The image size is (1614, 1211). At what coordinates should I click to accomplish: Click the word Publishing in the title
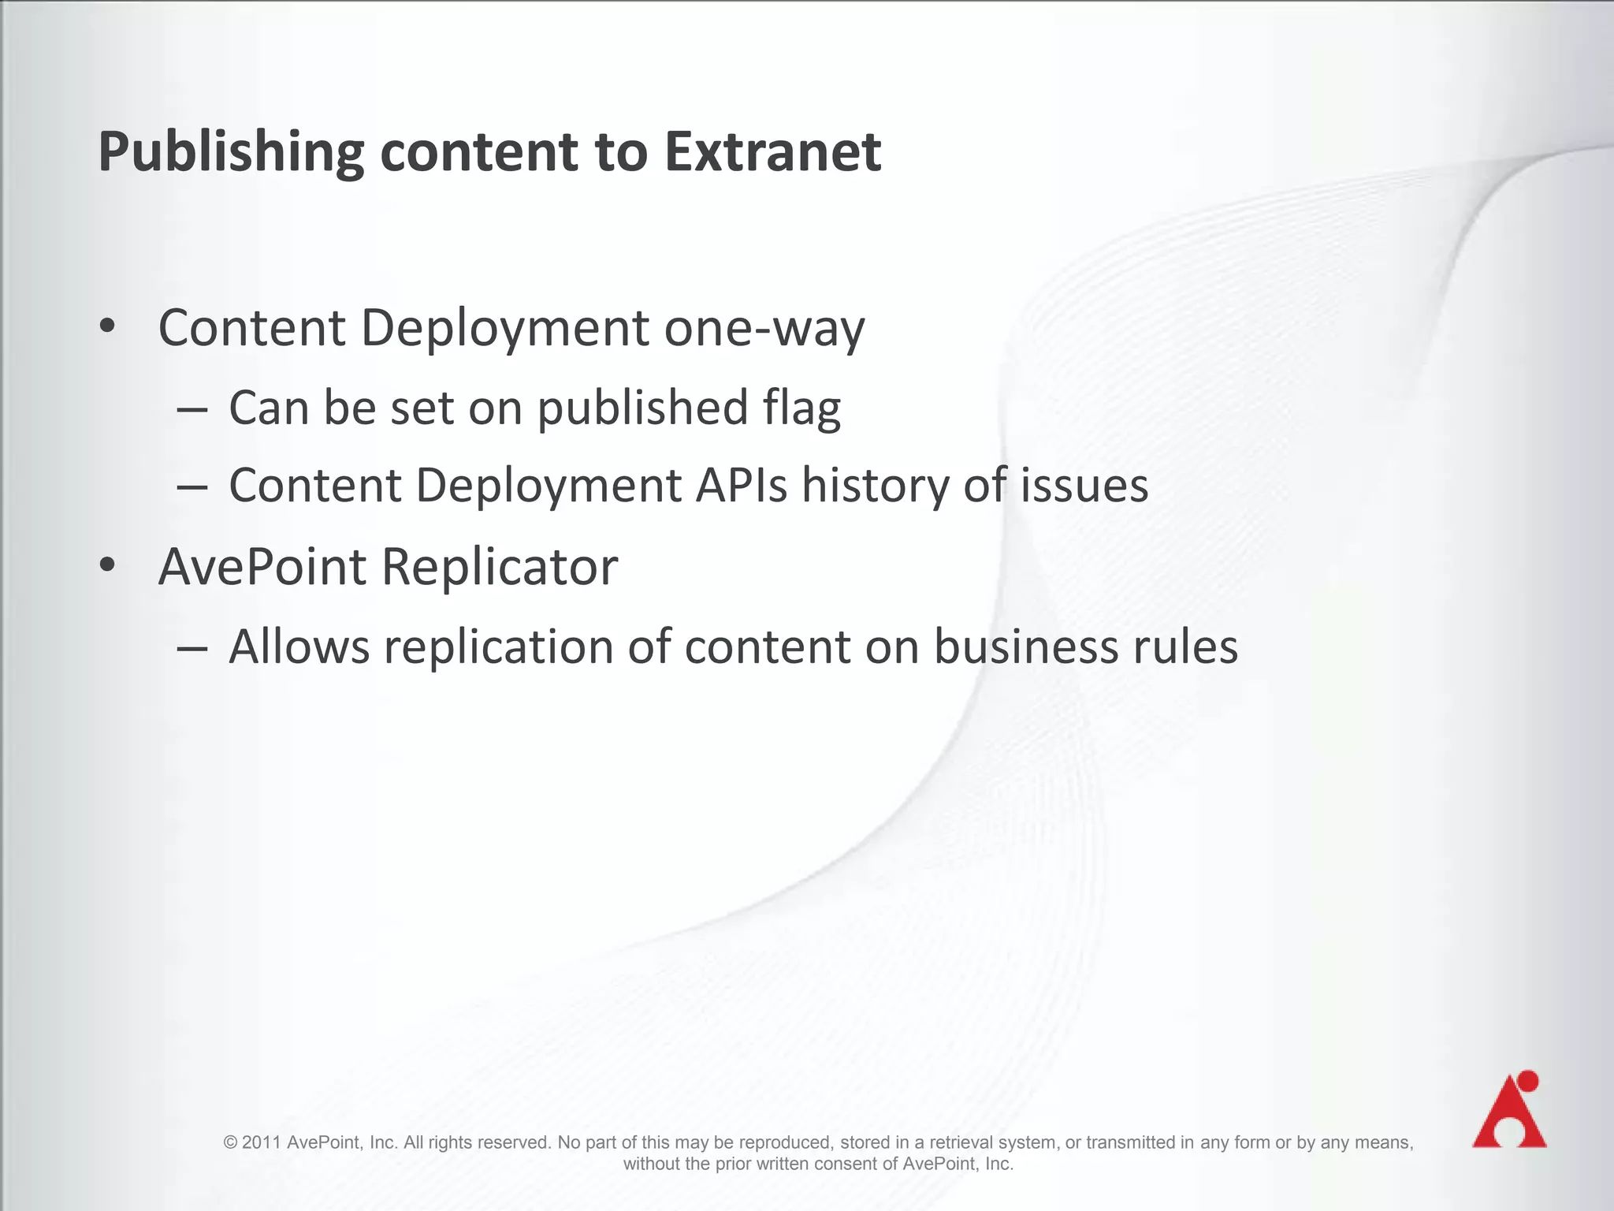[230, 153]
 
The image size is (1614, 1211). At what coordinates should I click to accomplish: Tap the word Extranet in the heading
[772, 151]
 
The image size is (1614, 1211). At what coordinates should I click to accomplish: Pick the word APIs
[741, 485]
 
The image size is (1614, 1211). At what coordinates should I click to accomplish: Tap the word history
[875, 486]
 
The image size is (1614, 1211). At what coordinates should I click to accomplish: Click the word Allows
[299, 647]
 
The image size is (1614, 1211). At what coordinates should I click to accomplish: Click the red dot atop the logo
[1527, 1081]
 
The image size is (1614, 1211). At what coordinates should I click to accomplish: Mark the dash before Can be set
[192, 410]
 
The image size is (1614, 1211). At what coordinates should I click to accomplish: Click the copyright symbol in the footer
[231, 1142]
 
